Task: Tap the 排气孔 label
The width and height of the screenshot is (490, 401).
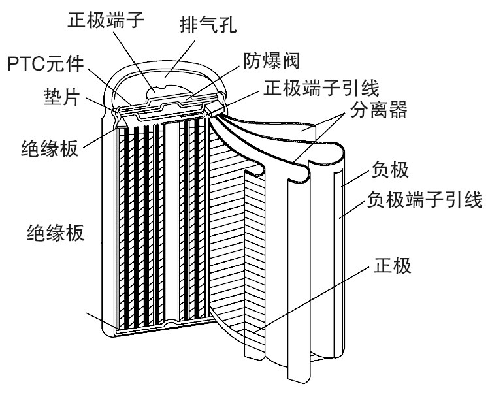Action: point(208,25)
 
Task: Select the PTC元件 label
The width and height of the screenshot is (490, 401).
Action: point(46,64)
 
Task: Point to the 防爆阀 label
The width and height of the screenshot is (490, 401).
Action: point(272,60)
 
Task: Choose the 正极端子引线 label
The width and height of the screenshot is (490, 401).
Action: point(321,88)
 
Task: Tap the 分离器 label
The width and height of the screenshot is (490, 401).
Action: point(379,109)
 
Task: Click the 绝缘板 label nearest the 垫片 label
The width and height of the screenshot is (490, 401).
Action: point(50,148)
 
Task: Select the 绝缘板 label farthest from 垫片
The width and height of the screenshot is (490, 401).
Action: point(56,233)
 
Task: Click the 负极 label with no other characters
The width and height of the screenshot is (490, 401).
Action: point(389,169)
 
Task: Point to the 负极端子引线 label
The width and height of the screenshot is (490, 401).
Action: point(425,200)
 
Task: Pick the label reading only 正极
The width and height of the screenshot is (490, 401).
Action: point(392,266)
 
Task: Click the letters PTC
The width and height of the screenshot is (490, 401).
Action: point(26,64)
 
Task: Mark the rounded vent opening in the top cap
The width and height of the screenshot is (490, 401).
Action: point(155,91)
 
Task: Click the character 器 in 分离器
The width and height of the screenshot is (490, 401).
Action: point(398,109)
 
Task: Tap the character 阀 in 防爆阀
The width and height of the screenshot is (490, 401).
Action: point(291,60)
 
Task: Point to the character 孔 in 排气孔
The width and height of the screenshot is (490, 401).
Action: point(228,25)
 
